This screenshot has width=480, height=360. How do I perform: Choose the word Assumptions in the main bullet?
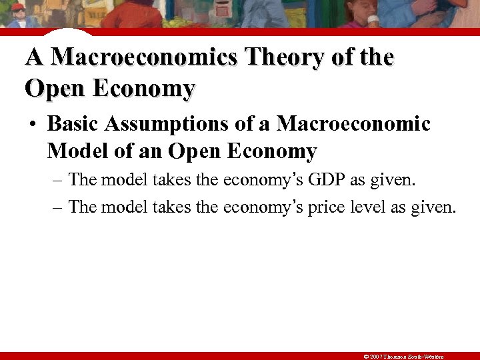click(x=177, y=124)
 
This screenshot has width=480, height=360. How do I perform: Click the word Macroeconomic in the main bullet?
click(x=354, y=124)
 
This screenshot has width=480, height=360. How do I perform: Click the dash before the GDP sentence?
click(x=57, y=180)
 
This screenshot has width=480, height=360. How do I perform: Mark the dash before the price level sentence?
click(x=57, y=207)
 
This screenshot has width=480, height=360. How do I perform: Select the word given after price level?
click(x=433, y=207)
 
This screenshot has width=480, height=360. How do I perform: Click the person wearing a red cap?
click(x=18, y=15)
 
